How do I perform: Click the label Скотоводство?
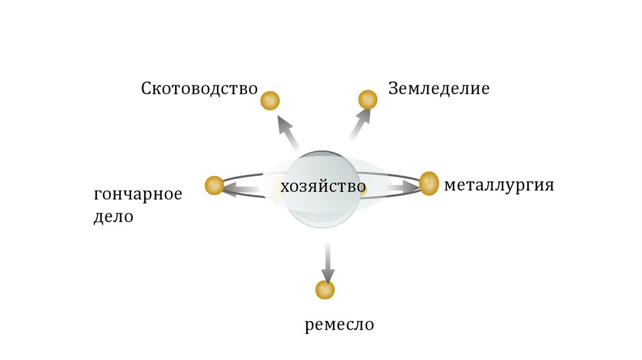pos(199,88)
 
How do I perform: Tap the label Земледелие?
pos(438,88)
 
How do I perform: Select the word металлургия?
pos(499,186)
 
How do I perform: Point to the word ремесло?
pos(340,325)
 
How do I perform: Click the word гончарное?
pos(138,194)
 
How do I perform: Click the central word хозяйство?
pos(323,187)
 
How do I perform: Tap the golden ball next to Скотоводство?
pos(270,100)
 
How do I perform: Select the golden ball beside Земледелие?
pos(367,99)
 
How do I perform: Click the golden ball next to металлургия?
pos(429,183)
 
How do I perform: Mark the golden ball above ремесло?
pos(325,290)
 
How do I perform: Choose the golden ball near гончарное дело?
pos(214,185)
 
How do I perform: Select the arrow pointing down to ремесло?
pos(327,263)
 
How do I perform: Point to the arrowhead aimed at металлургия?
pos(411,186)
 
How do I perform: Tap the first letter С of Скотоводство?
pos(146,88)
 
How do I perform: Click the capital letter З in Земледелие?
pos(393,88)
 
